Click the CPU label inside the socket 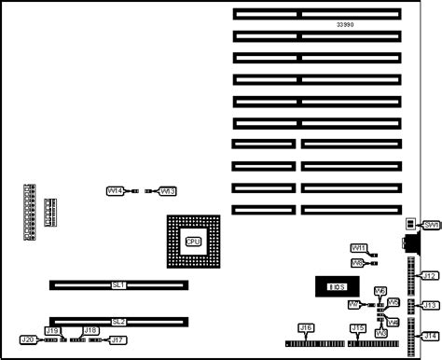(193, 242)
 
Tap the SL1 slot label (118, 285)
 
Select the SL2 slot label (118, 322)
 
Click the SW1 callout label (431, 226)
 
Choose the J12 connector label (430, 276)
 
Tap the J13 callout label (430, 305)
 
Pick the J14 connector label (430, 336)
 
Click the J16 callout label (305, 328)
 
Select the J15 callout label (357, 328)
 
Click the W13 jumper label (168, 191)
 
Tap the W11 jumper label (358, 248)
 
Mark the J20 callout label (28, 340)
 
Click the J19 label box (53, 330)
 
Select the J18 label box (90, 330)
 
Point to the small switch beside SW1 (411, 225)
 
